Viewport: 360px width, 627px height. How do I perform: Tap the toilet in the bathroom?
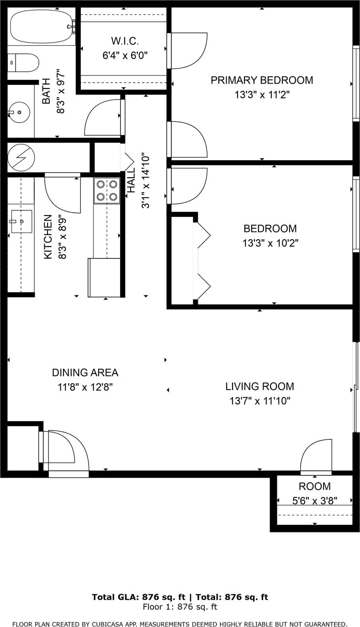pos(23,63)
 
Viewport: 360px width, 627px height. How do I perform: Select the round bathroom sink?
pos(19,112)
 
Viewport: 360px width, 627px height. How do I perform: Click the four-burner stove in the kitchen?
pos(107,190)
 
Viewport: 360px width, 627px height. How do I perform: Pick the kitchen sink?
pos(21,221)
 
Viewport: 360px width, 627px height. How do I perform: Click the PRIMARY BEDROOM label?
pos(262,80)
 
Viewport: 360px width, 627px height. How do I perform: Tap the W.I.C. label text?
pos(125,41)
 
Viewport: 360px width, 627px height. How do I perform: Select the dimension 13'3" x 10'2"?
pos(270,243)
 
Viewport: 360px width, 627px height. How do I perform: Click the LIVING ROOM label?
pos(260,386)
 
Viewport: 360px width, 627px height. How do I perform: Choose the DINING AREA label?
pos(85,373)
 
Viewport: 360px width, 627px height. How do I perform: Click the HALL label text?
pos(131,180)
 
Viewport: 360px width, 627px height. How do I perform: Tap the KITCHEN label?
pos(48,237)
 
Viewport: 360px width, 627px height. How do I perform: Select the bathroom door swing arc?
pos(103,117)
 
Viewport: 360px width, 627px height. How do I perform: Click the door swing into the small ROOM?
pos(316,456)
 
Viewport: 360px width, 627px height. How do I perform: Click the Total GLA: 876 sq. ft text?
pos(139,597)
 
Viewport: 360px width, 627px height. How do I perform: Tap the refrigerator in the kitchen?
pos(104,277)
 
